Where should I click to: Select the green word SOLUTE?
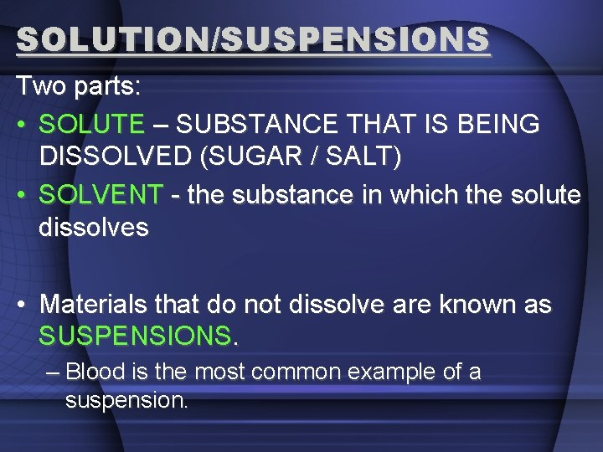(x=91, y=124)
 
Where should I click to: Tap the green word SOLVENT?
(x=101, y=195)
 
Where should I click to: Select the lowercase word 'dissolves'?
(x=93, y=227)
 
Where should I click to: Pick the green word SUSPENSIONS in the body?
(x=134, y=336)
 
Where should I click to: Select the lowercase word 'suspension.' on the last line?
(x=126, y=400)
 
